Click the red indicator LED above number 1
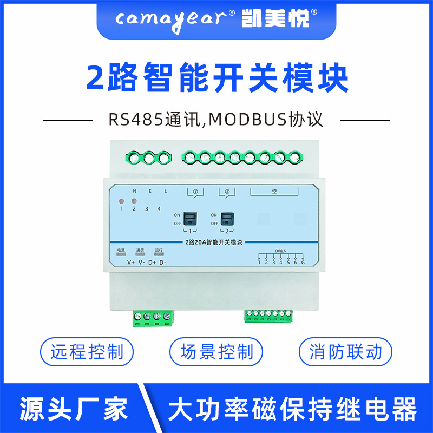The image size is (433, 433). (x=122, y=201)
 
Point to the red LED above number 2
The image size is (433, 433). (x=134, y=201)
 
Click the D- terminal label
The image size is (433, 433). (x=162, y=263)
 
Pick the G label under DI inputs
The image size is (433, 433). (x=303, y=263)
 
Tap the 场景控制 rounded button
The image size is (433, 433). (x=216, y=352)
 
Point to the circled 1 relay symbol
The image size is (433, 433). (x=195, y=191)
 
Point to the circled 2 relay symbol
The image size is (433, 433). (x=227, y=191)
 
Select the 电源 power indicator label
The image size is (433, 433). (x=121, y=250)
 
